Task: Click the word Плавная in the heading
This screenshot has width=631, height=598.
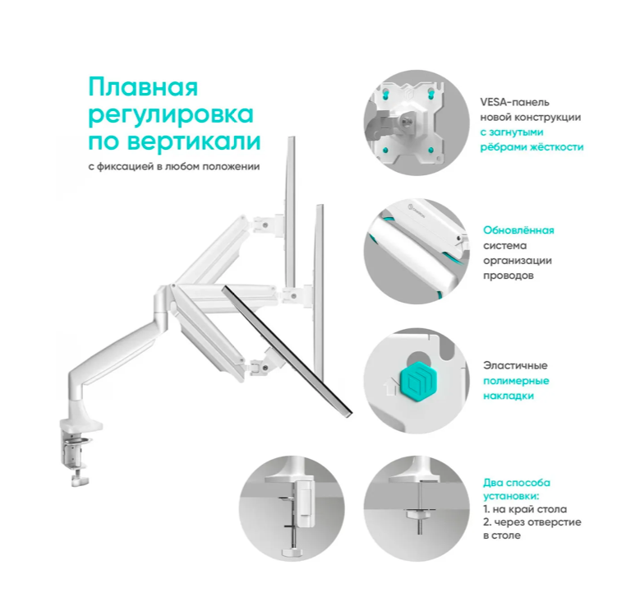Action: point(143,87)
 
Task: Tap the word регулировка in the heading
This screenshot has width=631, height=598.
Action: point(171,115)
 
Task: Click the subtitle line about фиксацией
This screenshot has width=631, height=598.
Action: point(174,166)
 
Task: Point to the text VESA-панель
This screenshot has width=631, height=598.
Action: point(514,102)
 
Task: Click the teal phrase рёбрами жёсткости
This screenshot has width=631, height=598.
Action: point(532,147)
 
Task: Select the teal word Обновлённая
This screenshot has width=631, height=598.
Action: point(518,230)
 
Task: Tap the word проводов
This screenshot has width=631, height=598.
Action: point(509,276)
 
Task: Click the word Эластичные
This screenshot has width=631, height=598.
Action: point(515,365)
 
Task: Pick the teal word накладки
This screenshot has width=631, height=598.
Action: point(509,396)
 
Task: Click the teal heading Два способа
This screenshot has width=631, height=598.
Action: point(517,483)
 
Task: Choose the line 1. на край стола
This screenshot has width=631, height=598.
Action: point(525,509)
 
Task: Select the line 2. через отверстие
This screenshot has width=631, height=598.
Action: point(532,522)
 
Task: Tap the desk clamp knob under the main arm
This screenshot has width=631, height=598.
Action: point(80,480)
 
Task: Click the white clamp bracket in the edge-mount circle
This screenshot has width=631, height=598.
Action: point(304,504)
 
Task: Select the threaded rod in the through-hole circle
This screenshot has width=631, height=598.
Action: point(420,508)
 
